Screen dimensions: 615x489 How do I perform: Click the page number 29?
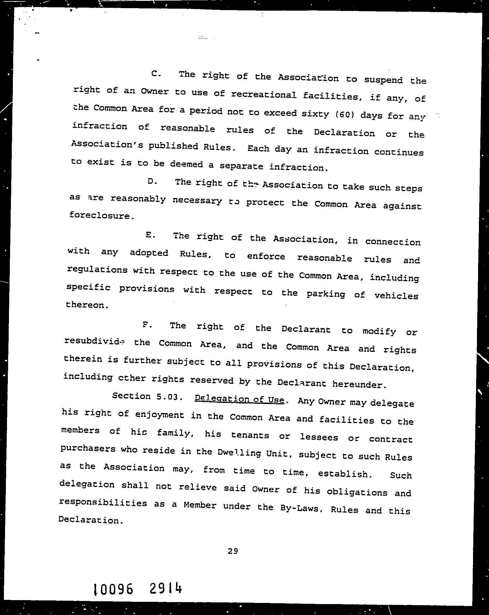pyautogui.click(x=233, y=551)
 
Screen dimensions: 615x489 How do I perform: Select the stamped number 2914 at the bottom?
pyautogui.click(x=165, y=588)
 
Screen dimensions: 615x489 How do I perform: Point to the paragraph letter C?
pyautogui.click(x=156, y=74)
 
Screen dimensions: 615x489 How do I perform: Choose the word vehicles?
pyautogui.click(x=396, y=295)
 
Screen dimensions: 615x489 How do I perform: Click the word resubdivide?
pyautogui.click(x=94, y=341)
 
